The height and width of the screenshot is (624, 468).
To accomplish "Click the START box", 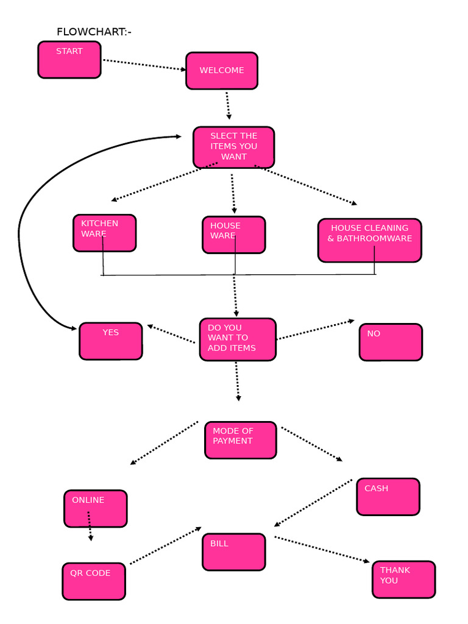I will [69, 60].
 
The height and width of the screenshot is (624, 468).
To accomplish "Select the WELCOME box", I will [222, 71].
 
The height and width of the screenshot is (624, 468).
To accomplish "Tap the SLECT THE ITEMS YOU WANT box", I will [234, 147].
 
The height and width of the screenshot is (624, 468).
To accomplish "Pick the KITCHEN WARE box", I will [104, 233].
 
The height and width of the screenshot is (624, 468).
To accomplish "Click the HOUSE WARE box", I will [234, 235].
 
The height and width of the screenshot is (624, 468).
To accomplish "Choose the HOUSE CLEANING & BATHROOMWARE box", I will [369, 240].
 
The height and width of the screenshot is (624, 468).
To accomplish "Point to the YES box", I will [110, 341].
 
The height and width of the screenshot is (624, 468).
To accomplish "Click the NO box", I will [391, 342].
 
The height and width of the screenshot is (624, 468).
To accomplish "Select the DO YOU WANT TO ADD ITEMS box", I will [238, 339].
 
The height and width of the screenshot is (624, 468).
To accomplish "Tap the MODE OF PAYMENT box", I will [240, 440].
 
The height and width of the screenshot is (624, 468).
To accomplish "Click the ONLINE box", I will [96, 508].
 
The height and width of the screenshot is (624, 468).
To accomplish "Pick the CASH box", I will [388, 497].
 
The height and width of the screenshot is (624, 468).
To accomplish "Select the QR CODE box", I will [94, 581].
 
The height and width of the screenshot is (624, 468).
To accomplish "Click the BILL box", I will [234, 552].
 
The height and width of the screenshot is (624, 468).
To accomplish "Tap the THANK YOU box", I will [403, 580].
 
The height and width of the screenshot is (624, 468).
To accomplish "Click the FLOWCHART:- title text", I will [94, 32].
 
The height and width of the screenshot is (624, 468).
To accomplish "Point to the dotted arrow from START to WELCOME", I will [144, 65].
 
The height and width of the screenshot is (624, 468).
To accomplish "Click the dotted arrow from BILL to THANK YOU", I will [322, 549].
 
